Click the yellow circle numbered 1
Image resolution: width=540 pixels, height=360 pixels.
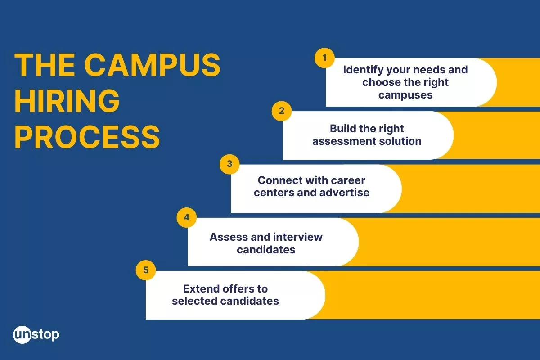[x=324, y=58]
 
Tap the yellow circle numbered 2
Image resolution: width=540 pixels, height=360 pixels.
[x=282, y=111]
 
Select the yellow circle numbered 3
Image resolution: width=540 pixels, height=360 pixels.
[x=229, y=164]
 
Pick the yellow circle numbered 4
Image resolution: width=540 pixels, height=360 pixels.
[x=187, y=217]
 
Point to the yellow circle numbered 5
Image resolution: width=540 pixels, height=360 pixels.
[x=146, y=270]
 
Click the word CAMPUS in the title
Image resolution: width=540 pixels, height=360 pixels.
[x=152, y=65]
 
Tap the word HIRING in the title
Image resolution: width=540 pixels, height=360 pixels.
[x=67, y=101]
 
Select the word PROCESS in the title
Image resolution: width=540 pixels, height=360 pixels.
[x=87, y=137]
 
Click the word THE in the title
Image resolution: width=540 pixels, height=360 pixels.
[x=45, y=65]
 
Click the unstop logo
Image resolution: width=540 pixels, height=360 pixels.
[x=36, y=334]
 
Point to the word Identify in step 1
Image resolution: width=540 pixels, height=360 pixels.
[x=364, y=70]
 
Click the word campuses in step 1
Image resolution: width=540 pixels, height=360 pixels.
[x=405, y=95]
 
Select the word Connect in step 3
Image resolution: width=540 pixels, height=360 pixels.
[x=277, y=180]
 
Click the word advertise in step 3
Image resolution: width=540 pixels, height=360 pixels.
[x=344, y=193]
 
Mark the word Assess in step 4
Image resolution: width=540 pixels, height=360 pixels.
[x=229, y=237]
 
